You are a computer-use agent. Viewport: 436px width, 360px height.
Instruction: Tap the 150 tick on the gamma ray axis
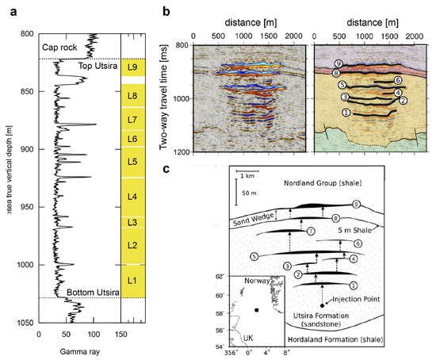click(119, 333)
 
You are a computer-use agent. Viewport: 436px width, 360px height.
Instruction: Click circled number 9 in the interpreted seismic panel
click(316, 63)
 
